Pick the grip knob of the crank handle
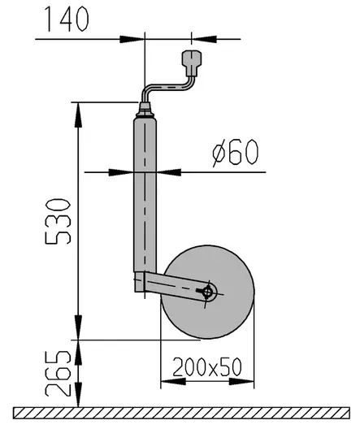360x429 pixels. tap(192, 61)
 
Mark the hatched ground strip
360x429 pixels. tap(180, 411)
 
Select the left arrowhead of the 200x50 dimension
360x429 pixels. tap(168, 379)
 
